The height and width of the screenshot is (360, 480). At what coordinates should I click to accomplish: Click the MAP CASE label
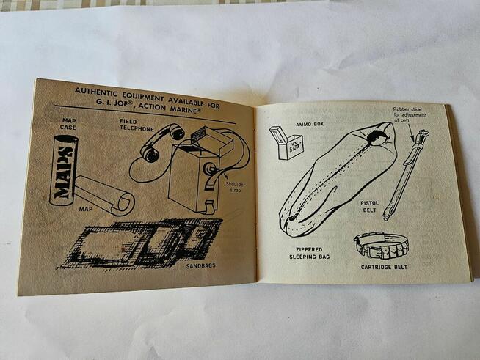click(x=68, y=124)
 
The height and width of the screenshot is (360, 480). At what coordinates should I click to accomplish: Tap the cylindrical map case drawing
click(x=64, y=170)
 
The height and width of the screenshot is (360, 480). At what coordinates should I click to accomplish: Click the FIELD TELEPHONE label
click(x=137, y=125)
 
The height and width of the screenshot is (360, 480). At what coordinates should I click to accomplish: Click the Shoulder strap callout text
click(x=236, y=187)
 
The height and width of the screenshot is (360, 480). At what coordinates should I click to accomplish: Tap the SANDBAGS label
click(x=201, y=266)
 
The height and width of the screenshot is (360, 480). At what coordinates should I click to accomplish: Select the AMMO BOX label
click(x=310, y=125)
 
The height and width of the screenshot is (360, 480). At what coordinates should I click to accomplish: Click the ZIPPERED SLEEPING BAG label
click(x=310, y=253)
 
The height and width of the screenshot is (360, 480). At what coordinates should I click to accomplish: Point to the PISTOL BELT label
click(x=369, y=207)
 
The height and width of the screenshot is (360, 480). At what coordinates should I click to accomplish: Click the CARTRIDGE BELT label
click(x=384, y=267)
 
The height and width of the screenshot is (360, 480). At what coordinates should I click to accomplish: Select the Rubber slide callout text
click(x=410, y=114)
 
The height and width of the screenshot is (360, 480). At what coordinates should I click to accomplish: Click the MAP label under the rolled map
click(x=86, y=209)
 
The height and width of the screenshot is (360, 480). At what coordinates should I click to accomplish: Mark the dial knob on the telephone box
click(x=210, y=168)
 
